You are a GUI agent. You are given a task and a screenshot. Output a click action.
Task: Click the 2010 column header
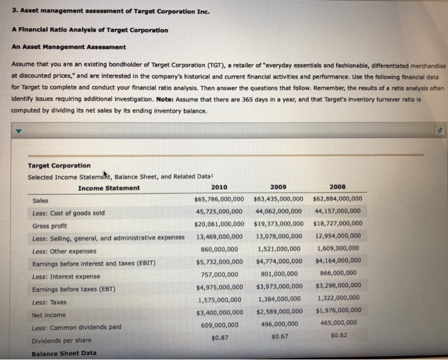point(219,187)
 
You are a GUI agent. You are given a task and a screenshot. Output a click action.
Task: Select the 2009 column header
point(278,187)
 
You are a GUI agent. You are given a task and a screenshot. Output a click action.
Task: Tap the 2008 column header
point(337,187)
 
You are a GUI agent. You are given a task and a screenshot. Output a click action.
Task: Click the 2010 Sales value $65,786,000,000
point(219,199)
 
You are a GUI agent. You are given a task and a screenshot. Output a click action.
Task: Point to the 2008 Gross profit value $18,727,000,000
point(338,224)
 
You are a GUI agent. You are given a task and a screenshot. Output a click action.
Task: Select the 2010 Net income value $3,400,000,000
point(219,312)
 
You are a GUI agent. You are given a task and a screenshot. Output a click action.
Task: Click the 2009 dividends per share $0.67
point(280,336)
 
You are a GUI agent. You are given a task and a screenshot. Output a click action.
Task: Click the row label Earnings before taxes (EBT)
point(74,289)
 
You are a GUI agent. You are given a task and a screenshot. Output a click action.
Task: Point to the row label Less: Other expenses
point(64,251)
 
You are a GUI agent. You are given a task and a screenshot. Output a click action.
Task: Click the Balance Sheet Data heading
point(64,353)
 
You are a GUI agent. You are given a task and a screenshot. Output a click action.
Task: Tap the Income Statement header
point(108,188)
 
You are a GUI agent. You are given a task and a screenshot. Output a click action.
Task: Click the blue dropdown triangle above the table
point(18,130)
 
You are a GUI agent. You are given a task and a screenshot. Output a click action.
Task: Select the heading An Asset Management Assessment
point(68,47)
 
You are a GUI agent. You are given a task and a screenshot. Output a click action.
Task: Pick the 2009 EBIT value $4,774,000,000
point(278,261)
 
